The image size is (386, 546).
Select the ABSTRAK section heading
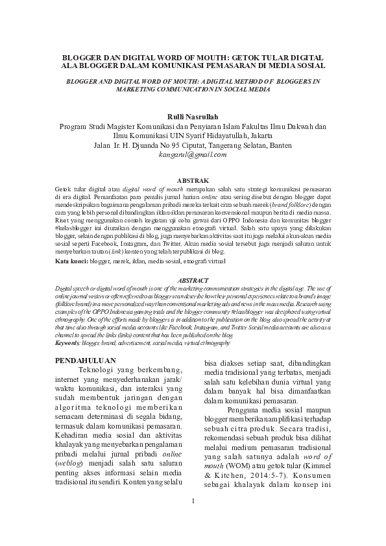pyautogui.click(x=193, y=178)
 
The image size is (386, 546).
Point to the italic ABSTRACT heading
pyautogui.click(x=193, y=280)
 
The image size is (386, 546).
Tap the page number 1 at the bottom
pyautogui.click(x=193, y=519)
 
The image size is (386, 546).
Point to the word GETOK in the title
pyautogui.click(x=247, y=56)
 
